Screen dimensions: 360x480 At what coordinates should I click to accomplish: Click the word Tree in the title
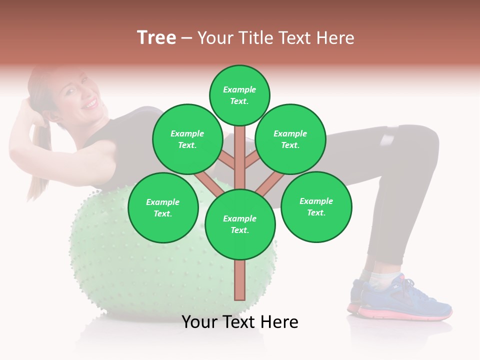(x=156, y=38)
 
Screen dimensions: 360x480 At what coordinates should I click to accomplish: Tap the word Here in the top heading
(x=335, y=38)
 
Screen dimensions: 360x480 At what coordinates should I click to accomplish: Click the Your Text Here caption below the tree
(x=240, y=322)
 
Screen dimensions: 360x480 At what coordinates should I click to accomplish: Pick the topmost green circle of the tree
(x=239, y=95)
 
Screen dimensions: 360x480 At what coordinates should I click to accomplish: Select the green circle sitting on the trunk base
(x=240, y=224)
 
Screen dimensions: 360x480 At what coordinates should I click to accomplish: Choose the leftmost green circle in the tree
(x=163, y=208)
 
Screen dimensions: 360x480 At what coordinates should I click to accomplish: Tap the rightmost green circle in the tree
(x=316, y=207)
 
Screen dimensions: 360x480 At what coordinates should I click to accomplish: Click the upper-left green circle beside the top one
(x=187, y=139)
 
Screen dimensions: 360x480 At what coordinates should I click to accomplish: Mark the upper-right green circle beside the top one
(x=290, y=139)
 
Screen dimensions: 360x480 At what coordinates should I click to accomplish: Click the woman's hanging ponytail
(x=39, y=165)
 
